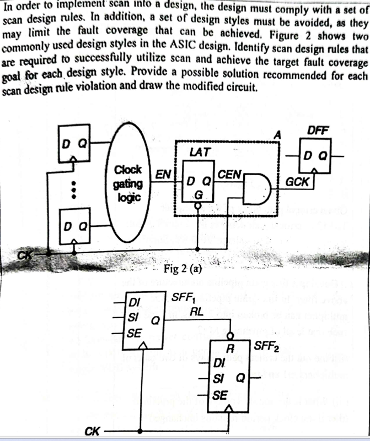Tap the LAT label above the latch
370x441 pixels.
(197, 152)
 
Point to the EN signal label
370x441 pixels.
(162, 175)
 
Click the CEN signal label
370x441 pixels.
(229, 175)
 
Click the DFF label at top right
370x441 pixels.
(318, 130)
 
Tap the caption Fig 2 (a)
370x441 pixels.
(184, 269)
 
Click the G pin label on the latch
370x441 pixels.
(198, 195)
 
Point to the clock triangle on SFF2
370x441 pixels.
(229, 409)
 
